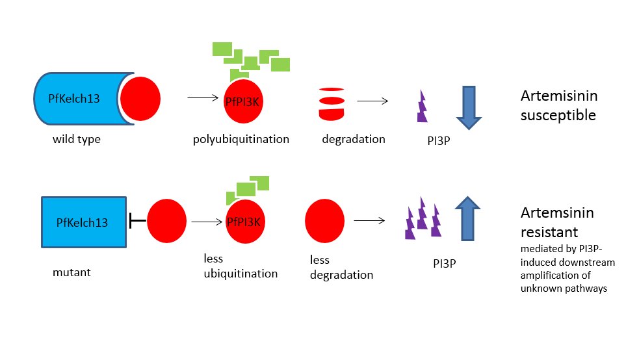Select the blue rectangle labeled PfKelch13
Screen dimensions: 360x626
click(x=84, y=222)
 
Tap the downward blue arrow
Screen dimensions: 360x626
click(x=468, y=105)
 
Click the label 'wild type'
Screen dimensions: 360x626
click(x=77, y=139)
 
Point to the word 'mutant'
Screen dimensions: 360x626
click(x=72, y=272)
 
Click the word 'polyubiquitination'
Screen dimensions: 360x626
click(x=241, y=139)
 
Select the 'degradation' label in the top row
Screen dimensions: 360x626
click(x=353, y=139)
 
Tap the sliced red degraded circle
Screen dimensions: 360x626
click(x=330, y=103)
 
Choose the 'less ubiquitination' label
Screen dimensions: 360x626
click(x=241, y=266)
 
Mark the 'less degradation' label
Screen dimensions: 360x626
click(x=342, y=268)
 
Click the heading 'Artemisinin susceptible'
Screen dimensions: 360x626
click(x=558, y=106)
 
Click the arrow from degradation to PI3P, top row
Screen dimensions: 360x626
click(x=372, y=101)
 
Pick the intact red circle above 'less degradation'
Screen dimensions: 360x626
click(x=324, y=221)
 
